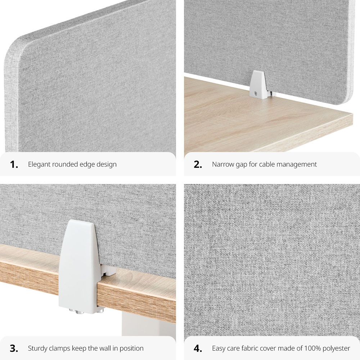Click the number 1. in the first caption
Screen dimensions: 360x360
point(14,165)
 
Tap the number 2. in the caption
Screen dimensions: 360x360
point(198,165)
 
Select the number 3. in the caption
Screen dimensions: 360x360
point(14,348)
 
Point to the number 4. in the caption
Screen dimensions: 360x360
point(198,348)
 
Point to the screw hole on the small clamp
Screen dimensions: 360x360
point(255,93)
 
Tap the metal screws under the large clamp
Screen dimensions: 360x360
point(86,311)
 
